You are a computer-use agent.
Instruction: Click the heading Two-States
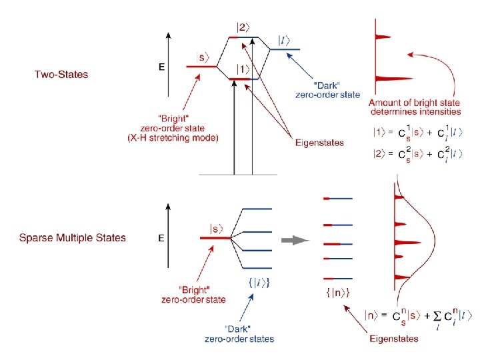[61, 74]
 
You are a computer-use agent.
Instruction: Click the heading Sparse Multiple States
[72, 237]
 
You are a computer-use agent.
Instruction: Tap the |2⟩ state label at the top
[243, 27]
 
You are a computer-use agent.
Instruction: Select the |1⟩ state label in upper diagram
[243, 69]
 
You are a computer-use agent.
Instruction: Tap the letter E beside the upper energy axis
[161, 67]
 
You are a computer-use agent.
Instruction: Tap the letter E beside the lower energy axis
[161, 237]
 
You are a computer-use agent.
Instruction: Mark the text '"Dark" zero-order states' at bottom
[239, 334]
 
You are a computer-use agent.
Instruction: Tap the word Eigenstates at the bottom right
[394, 339]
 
